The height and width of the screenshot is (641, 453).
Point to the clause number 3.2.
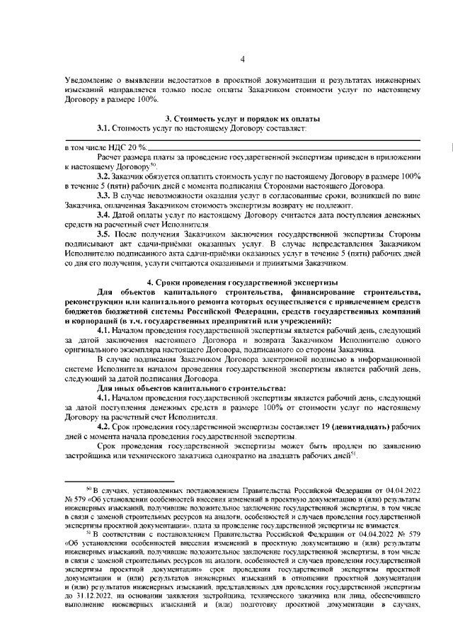pyautogui.click(x=105, y=175)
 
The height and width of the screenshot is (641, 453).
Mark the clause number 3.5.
pyautogui.click(x=105, y=234)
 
